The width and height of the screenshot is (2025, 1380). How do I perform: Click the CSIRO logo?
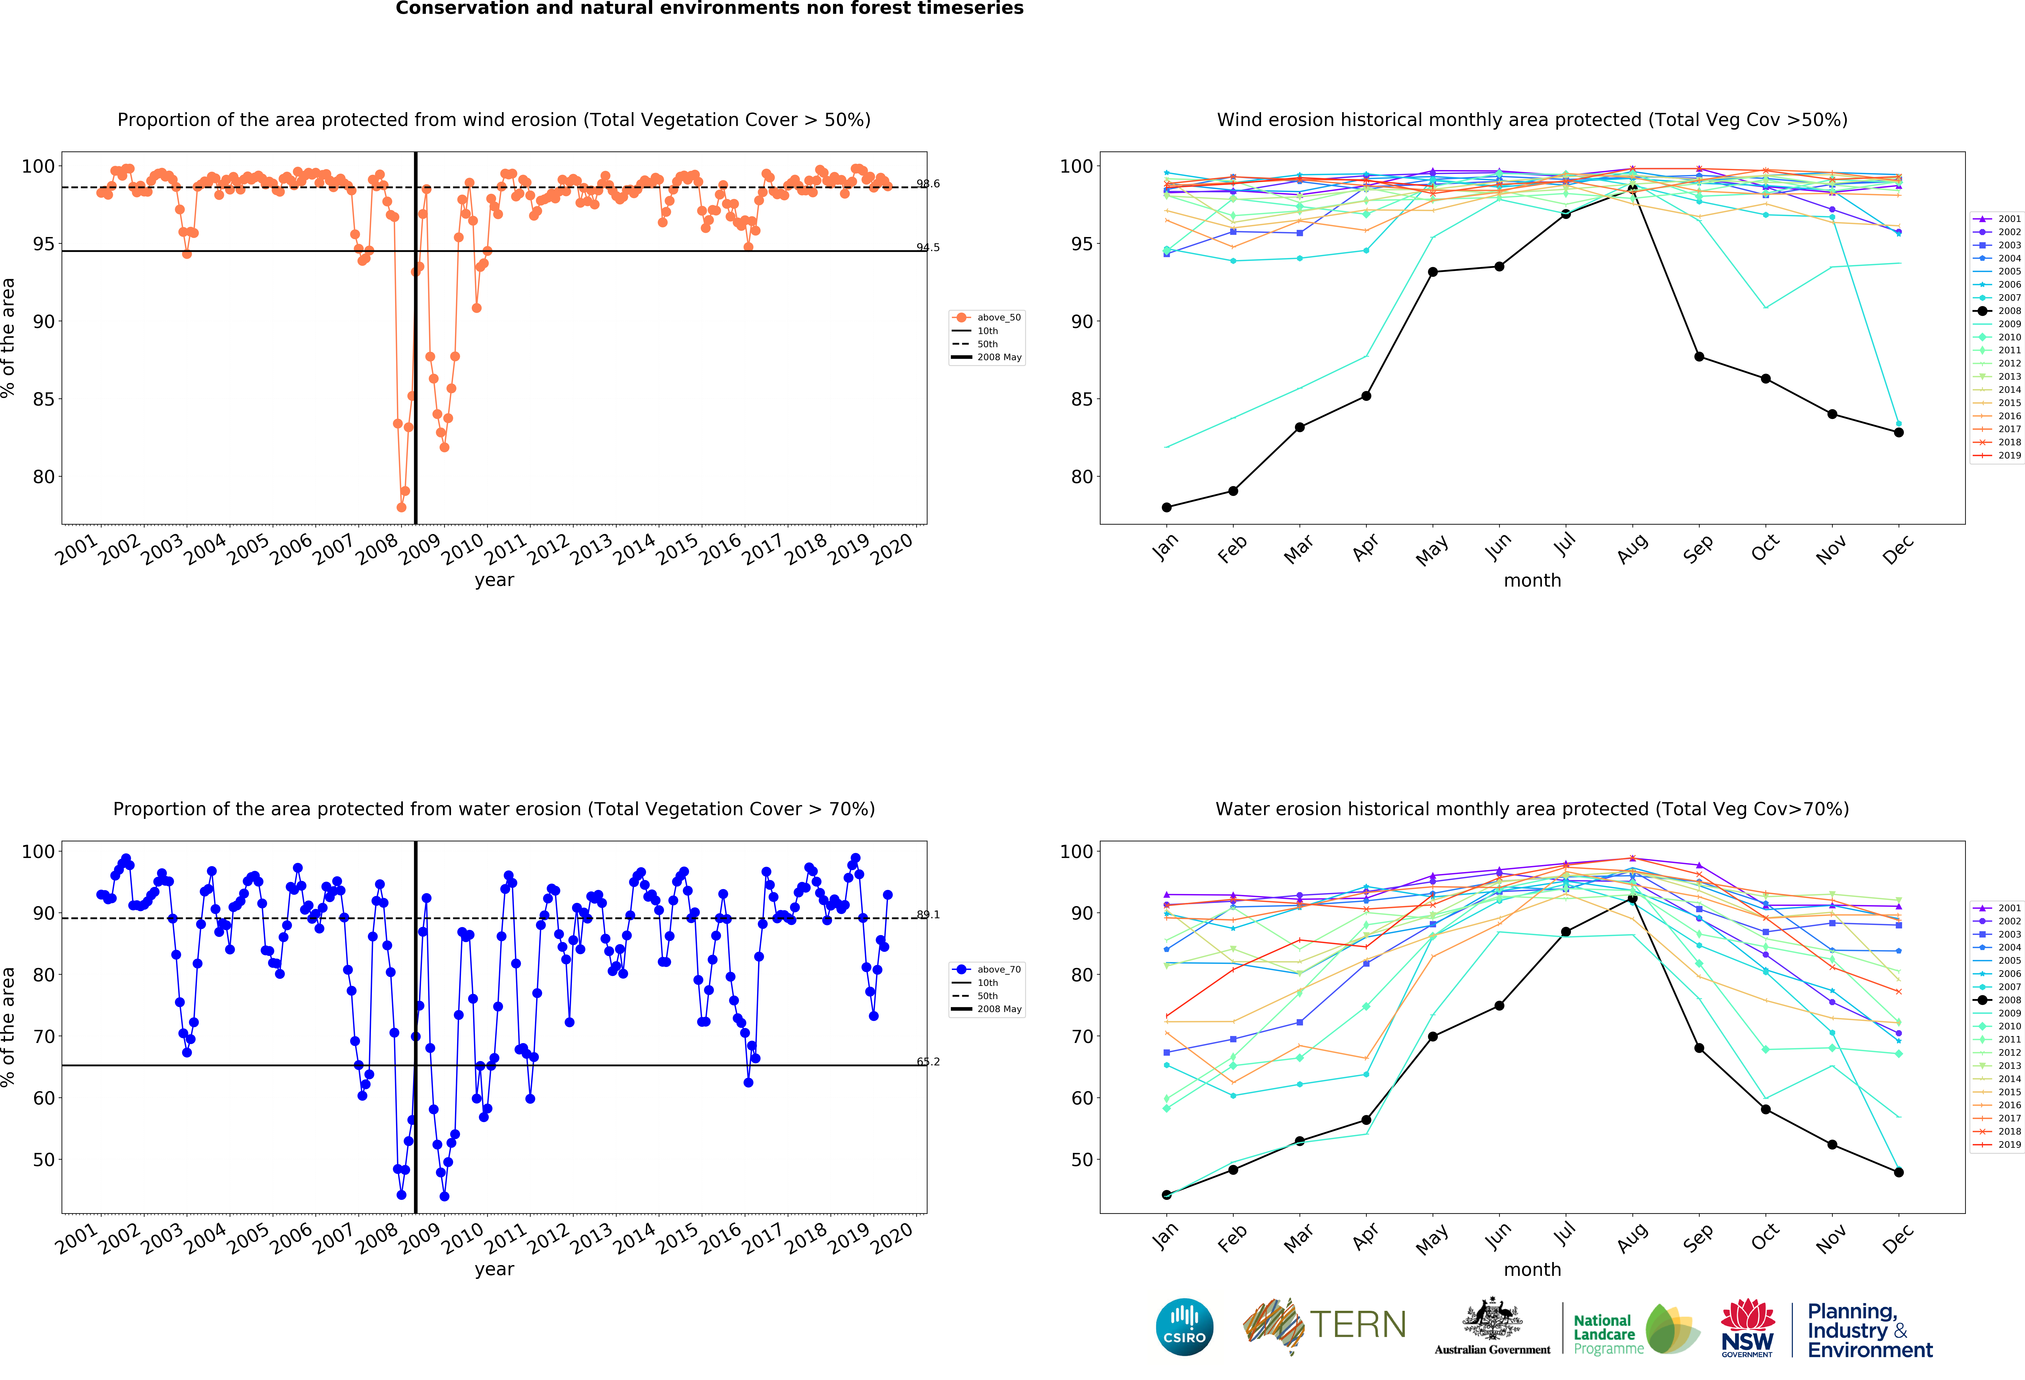(1184, 1327)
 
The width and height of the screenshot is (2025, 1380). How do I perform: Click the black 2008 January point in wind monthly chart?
(1167, 507)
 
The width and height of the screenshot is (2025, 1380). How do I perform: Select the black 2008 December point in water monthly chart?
(1899, 1173)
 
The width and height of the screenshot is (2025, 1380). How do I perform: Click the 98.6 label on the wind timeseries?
(928, 184)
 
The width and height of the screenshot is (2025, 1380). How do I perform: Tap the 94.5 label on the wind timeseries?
(928, 247)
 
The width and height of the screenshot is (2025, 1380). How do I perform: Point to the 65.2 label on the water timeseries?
(928, 1061)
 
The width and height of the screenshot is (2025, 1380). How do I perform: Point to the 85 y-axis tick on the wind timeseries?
(44, 399)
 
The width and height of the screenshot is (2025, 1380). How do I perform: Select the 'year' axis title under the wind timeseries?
(494, 580)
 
